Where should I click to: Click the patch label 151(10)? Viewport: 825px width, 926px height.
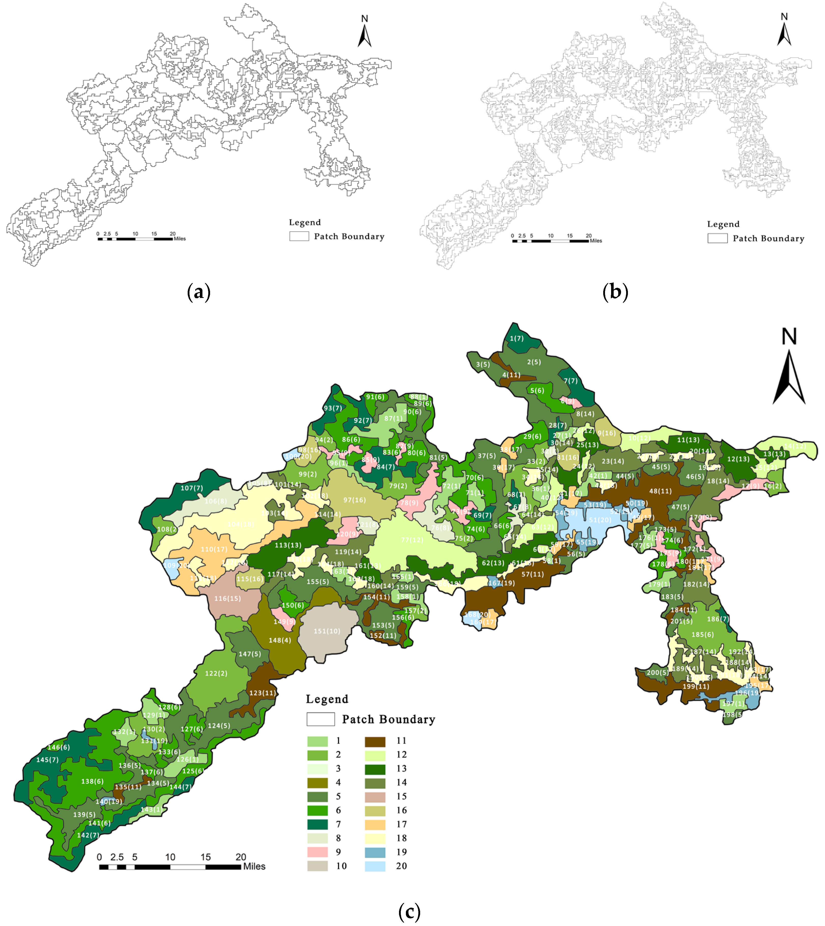click(327, 631)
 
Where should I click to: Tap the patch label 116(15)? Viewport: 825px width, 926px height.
click(228, 598)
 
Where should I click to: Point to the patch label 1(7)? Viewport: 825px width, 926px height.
click(517, 338)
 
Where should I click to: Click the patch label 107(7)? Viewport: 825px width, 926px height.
click(192, 488)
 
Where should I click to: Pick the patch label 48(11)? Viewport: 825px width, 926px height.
click(661, 491)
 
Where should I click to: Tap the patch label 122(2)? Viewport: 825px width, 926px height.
click(216, 673)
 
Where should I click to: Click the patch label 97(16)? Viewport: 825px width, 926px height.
click(354, 500)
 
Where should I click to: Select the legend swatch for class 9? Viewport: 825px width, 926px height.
click(317, 852)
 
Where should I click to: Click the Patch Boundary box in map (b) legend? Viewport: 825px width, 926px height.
click(718, 238)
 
